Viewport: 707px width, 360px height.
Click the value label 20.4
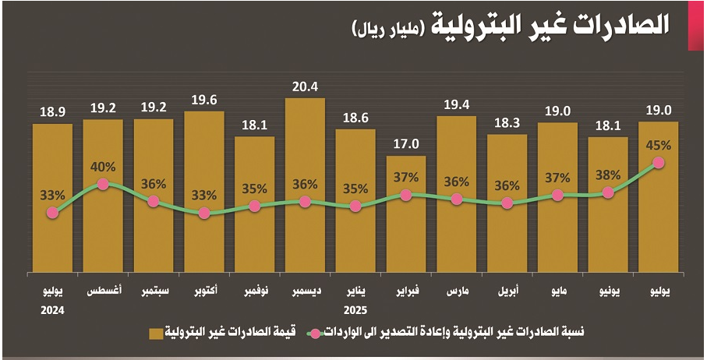[305, 86]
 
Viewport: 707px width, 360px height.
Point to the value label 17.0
[406, 143]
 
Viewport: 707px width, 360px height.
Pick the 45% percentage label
[659, 144]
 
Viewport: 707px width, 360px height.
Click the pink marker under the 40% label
[103, 185]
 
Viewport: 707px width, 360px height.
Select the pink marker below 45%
[659, 163]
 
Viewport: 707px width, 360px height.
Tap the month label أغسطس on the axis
[103, 292]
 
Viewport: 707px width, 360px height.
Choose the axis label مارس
[457, 292]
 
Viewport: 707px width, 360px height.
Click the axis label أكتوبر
[204, 292]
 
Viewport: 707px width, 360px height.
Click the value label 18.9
[52, 111]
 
